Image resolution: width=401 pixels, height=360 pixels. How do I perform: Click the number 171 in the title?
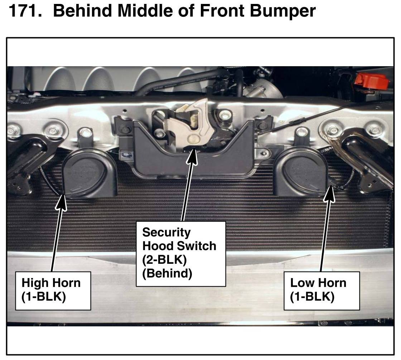point(25,11)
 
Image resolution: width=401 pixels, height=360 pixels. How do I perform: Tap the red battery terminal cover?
point(371,81)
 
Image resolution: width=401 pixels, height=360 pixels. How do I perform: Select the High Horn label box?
point(53,291)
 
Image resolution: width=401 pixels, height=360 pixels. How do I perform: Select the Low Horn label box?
point(322,291)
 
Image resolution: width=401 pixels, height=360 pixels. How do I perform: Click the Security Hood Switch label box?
point(181,254)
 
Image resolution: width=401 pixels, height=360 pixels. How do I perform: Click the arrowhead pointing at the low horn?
point(330,194)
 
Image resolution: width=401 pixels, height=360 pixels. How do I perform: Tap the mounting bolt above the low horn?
point(302,132)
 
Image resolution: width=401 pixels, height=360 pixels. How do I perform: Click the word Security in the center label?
point(166,233)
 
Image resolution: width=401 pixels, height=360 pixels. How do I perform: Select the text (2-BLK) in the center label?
point(164,260)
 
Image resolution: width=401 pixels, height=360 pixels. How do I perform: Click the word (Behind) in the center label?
point(167,273)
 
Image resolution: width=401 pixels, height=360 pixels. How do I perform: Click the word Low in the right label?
point(301,283)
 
